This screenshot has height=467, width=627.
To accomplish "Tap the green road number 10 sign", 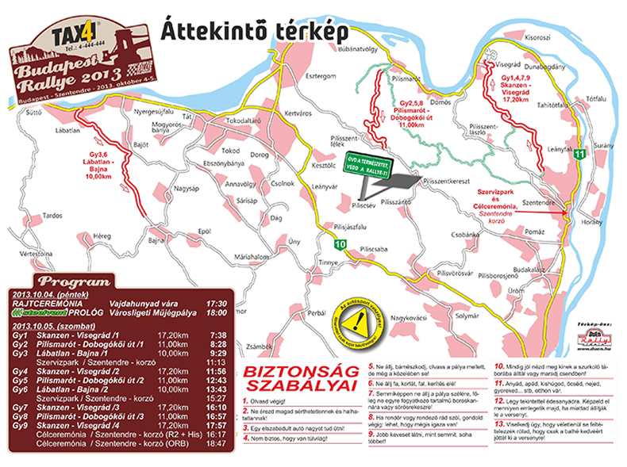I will click(340, 243).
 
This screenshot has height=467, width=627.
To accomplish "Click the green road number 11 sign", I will click(581, 153).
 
